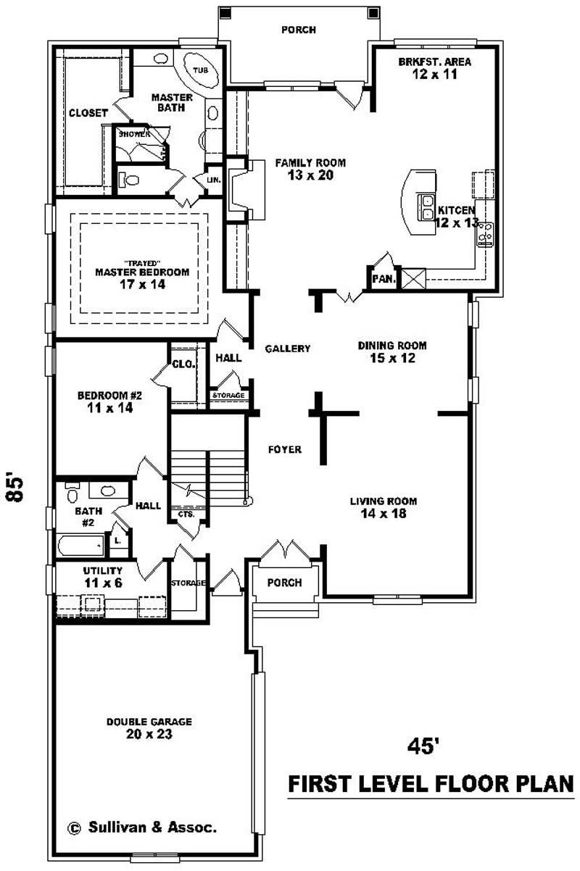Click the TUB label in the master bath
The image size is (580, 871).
199,70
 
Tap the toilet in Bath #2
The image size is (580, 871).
72,494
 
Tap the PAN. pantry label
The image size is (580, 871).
383,278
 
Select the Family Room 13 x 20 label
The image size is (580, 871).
310,169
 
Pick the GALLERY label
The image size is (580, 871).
287,349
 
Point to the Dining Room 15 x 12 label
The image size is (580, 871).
392,351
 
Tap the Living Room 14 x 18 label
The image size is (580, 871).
384,507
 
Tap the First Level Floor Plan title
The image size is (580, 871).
431,784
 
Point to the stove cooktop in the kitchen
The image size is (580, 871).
486,233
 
